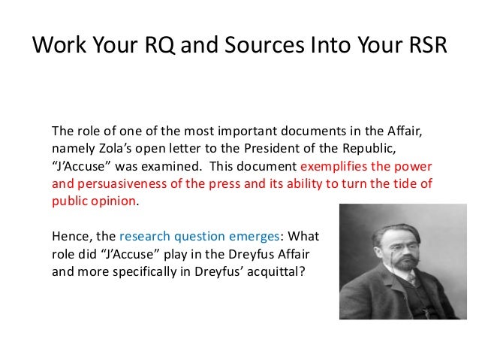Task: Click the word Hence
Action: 69,236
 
